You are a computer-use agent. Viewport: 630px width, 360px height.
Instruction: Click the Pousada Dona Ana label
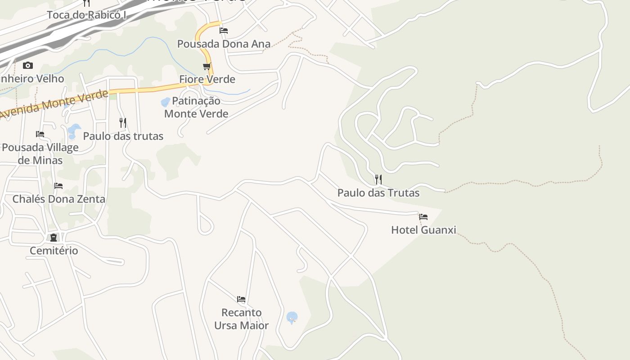click(224, 44)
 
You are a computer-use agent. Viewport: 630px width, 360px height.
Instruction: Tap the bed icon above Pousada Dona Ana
click(224, 31)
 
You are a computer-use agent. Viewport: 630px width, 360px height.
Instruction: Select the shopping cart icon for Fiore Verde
click(207, 67)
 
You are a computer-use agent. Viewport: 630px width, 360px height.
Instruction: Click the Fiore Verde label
click(207, 79)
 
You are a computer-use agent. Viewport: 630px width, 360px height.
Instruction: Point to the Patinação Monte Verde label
click(196, 107)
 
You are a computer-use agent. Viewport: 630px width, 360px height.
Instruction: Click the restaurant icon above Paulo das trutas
click(122, 122)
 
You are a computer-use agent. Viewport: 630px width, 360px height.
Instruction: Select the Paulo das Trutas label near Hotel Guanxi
click(378, 193)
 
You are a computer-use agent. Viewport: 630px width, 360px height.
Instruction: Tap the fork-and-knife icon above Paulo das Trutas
click(378, 180)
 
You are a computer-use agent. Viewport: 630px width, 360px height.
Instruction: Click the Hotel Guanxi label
click(423, 230)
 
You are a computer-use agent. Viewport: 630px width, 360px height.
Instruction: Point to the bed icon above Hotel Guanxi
click(423, 217)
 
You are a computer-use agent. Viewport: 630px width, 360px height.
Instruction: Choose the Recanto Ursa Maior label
click(241, 319)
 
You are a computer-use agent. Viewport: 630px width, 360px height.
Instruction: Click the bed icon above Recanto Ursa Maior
click(241, 299)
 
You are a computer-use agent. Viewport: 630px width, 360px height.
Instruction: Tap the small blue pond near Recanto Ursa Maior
click(292, 318)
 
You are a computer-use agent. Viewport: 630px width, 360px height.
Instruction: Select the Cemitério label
click(54, 251)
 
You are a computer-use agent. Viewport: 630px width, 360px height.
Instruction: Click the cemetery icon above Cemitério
click(54, 237)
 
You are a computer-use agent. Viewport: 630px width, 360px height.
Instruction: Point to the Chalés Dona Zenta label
click(58, 199)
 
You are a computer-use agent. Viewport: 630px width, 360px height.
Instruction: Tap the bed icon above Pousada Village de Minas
click(40, 134)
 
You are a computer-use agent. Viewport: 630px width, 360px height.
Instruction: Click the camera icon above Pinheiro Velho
click(28, 66)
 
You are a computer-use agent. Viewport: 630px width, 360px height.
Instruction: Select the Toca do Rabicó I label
click(86, 15)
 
